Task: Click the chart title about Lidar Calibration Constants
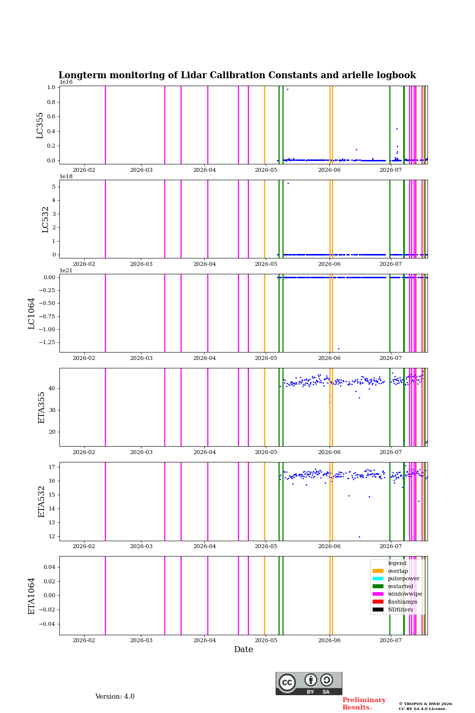point(237,75)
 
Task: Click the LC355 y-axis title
point(40,125)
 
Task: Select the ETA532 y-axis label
point(42,502)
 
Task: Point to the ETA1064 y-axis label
point(32,596)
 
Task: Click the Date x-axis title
point(243,650)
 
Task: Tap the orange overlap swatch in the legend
point(378,571)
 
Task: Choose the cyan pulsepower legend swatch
point(378,579)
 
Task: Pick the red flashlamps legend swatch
point(378,602)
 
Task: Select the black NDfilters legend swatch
point(378,610)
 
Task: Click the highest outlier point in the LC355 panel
point(287,90)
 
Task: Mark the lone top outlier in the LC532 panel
point(288,183)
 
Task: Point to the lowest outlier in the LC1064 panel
point(338,349)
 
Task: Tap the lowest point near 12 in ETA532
point(360,537)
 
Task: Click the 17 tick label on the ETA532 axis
point(51,467)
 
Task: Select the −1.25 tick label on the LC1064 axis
point(47,342)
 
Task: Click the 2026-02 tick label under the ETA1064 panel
point(84,640)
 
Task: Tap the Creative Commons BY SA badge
point(309,683)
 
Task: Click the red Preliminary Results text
point(364,704)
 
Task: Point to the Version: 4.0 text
point(115,697)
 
